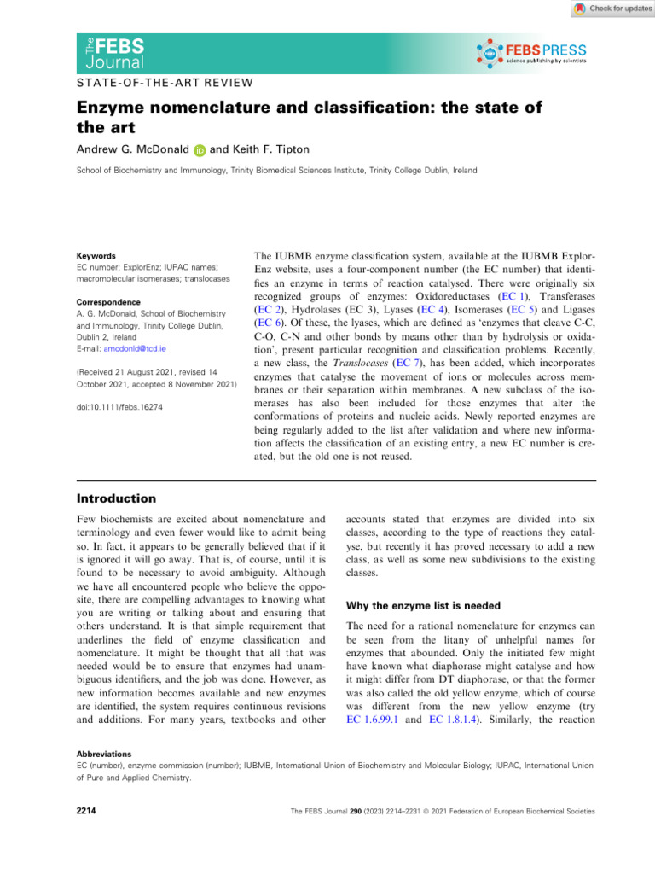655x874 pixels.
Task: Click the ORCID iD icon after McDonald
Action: tap(199, 149)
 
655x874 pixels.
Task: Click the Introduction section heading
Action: tap(116, 498)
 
